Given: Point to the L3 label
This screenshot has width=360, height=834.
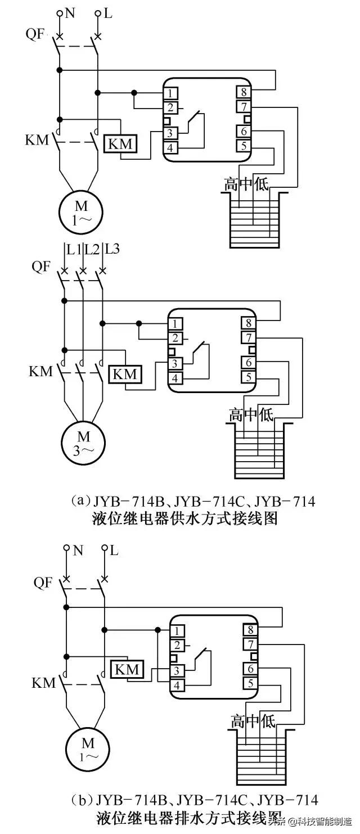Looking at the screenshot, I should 112,247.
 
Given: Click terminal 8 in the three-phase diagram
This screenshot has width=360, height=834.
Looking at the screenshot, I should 248,323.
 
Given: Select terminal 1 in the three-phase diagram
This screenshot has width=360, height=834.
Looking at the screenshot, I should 177,323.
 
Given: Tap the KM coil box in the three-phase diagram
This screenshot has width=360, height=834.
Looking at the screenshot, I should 125,373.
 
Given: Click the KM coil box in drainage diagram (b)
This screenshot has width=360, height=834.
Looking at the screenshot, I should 128,669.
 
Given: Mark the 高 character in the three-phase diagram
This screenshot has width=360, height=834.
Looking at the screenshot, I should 236,416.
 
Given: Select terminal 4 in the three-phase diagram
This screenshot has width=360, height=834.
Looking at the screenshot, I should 177,378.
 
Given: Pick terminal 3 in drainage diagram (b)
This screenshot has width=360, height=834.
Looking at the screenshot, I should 178,671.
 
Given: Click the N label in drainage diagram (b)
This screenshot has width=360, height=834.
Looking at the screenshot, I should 78,551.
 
